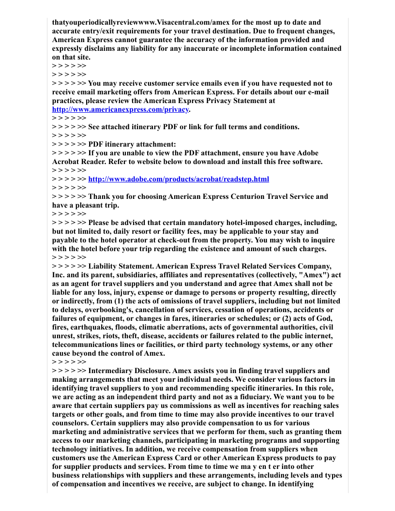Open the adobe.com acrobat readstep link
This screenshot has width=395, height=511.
(x=179, y=180)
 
